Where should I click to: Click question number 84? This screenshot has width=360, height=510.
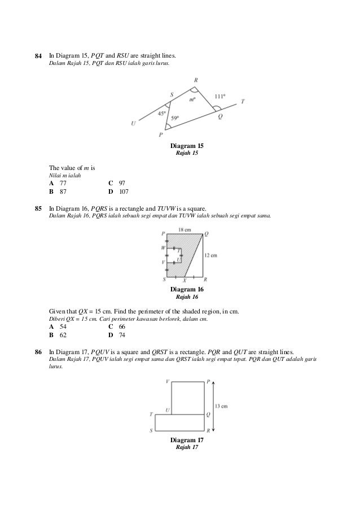coord(38,56)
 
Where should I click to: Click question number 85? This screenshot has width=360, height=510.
coord(38,208)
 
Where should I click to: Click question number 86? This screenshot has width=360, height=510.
coord(38,352)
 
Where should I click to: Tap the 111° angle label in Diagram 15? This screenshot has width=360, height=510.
coord(220,97)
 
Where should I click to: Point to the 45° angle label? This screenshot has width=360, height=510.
coord(162,113)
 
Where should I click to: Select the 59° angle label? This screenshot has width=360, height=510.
coord(175,118)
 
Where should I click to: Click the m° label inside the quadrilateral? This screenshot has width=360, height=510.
coord(192,100)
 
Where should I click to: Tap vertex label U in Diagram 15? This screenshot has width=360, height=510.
coord(133,124)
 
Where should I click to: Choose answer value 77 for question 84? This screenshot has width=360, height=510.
coord(63,184)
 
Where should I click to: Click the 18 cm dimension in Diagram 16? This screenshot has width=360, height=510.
coord(184,230)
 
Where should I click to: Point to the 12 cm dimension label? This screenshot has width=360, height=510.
coord(210,256)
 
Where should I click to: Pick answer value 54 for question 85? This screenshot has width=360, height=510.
coord(63,327)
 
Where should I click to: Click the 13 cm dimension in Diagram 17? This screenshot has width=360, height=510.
coord(221,406)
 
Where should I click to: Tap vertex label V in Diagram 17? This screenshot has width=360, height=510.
coord(167,382)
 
